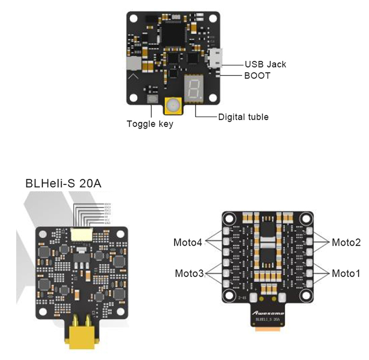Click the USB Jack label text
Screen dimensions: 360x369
[265, 64]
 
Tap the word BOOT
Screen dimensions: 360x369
[257, 76]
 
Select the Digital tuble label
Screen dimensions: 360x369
[243, 116]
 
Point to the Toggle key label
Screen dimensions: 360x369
[150, 124]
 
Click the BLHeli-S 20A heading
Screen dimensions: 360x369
[64, 184]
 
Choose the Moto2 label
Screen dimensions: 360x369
[346, 242]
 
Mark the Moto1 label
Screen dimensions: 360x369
[346, 274]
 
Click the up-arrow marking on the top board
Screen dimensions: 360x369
[134, 76]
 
